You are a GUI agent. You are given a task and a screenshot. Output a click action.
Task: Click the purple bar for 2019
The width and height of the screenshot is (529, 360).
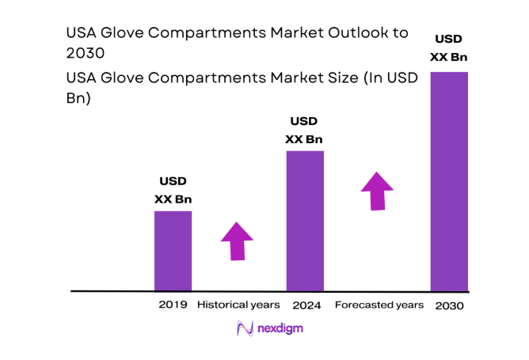(x=173, y=251)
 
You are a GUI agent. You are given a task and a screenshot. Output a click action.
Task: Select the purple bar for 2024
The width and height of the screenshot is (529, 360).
(x=305, y=221)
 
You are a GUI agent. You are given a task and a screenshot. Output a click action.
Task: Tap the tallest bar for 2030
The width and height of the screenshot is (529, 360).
(x=448, y=181)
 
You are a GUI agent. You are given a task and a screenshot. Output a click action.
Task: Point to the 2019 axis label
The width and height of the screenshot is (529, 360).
(x=173, y=305)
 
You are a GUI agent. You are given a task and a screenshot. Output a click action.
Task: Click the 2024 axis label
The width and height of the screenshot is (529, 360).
(x=305, y=305)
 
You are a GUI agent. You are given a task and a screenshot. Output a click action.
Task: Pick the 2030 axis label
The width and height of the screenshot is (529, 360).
(x=449, y=305)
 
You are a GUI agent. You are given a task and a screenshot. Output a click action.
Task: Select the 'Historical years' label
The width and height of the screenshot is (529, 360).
(x=238, y=305)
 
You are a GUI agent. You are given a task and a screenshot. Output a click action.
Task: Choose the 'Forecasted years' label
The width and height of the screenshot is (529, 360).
(x=379, y=305)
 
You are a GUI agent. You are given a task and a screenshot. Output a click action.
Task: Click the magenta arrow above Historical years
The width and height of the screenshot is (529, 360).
(x=237, y=241)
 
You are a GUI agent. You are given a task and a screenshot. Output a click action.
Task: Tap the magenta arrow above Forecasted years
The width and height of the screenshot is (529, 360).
(x=378, y=191)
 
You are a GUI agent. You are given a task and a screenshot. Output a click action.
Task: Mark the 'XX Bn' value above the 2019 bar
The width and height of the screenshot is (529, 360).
(x=173, y=199)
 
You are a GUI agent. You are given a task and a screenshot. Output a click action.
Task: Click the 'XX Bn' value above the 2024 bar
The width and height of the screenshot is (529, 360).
(x=304, y=139)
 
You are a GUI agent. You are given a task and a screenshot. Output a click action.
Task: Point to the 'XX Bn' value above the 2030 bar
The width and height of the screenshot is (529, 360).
(x=448, y=57)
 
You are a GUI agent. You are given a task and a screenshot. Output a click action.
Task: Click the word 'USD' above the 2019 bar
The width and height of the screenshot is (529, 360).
(x=173, y=181)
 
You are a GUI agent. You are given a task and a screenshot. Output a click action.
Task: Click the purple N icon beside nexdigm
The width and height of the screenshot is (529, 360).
(x=245, y=328)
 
